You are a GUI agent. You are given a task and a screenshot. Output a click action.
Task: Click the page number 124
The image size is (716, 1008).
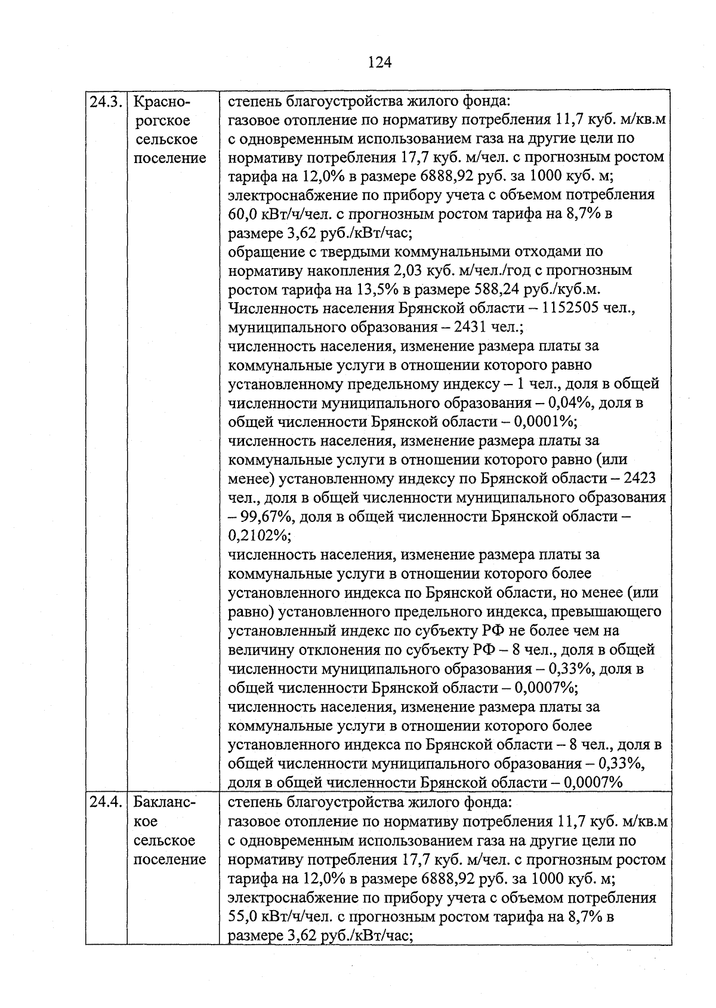379,62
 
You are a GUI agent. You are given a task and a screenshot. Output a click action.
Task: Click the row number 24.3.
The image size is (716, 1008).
106,102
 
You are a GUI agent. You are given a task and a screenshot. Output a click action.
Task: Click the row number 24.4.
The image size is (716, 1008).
106,803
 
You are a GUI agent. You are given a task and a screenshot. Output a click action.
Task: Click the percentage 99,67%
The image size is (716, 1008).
266,517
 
